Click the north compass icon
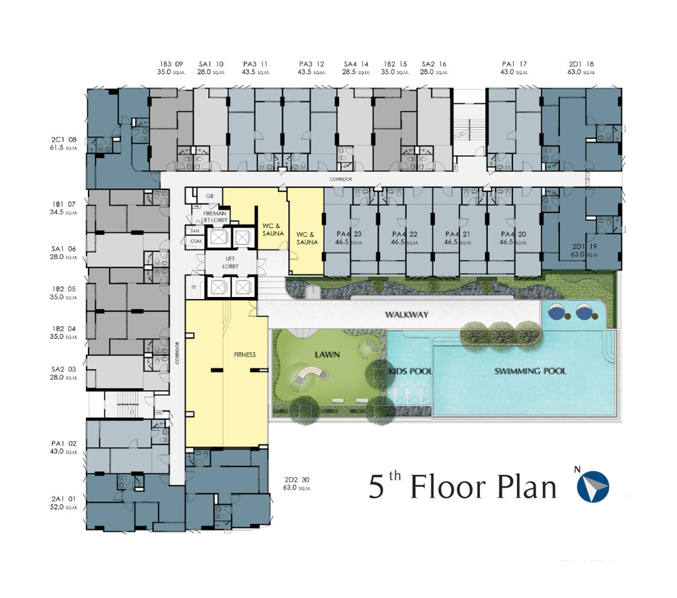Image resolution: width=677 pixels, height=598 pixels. click(x=593, y=485)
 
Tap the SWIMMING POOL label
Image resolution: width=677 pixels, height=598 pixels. click(x=530, y=371)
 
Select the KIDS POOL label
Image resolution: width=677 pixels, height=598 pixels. click(x=411, y=372)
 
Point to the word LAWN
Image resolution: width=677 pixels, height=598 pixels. click(x=327, y=355)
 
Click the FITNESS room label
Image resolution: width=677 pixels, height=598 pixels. click(x=245, y=355)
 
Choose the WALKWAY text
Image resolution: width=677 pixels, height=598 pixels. click(x=407, y=315)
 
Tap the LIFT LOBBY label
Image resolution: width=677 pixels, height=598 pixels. click(x=231, y=263)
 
